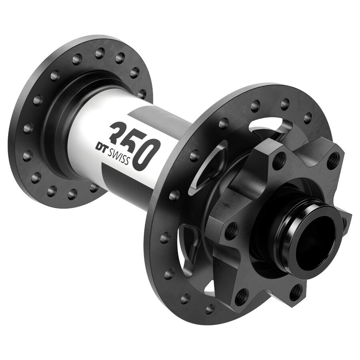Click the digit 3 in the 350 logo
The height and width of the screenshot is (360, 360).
tap(119, 133)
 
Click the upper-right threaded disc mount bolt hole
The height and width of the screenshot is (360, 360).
tap(332, 159)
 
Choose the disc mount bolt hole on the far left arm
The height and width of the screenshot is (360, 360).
tap(231, 231)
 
